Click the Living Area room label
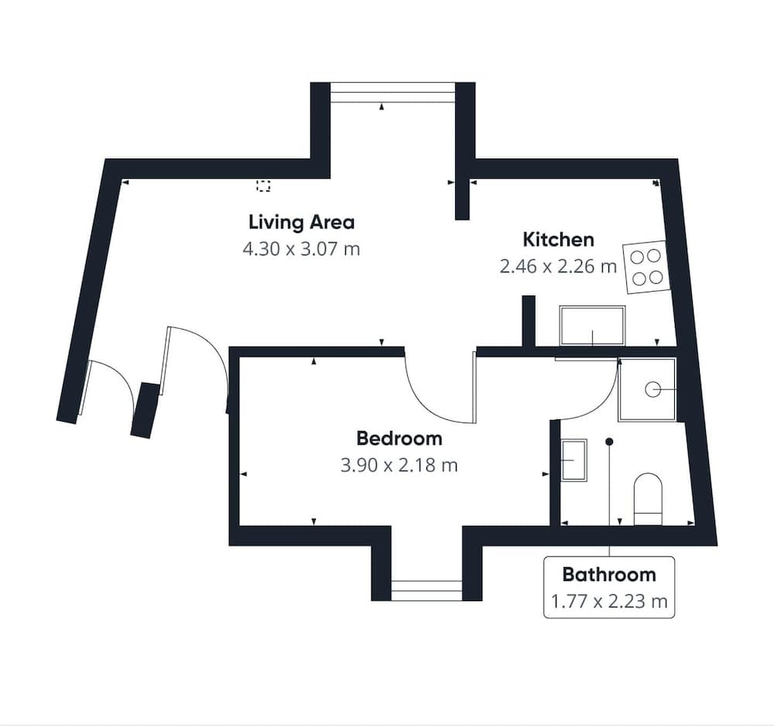click(302, 223)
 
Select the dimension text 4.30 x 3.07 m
click(301, 249)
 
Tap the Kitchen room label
click(558, 240)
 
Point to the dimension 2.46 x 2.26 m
click(558, 267)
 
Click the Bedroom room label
click(399, 439)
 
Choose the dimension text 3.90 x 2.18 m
click(399, 465)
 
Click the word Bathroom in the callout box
click(609, 575)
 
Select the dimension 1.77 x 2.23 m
click(609, 602)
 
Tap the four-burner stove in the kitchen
click(646, 267)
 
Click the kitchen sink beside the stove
click(592, 326)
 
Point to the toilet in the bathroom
click(648, 499)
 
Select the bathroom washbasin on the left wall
click(574, 460)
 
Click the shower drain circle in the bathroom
click(652, 390)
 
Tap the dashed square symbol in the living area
click(263, 186)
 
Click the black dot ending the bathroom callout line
click(610, 441)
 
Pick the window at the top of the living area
click(392, 92)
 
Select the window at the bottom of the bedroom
click(426, 590)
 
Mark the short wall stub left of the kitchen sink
click(529, 321)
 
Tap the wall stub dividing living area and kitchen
click(462, 199)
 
